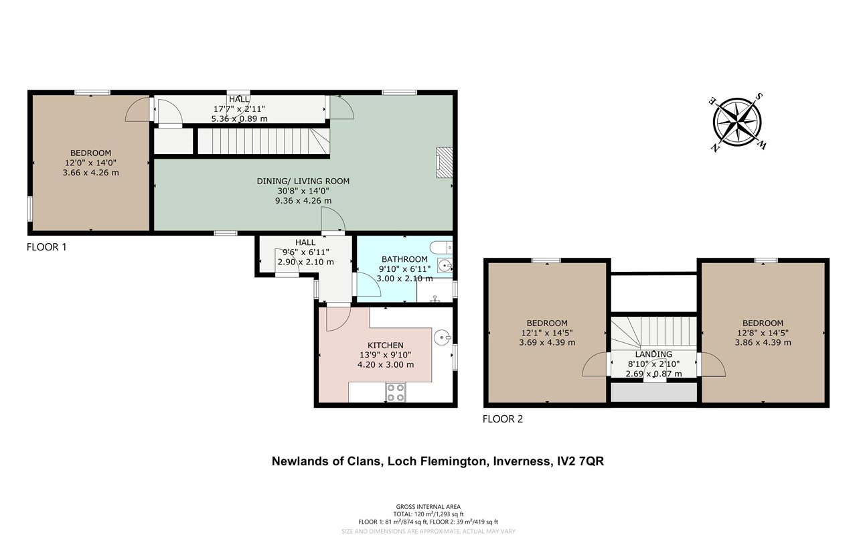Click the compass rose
(x=737, y=122)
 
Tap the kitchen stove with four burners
(x=396, y=392)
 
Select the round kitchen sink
(x=443, y=337)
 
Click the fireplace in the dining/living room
(x=444, y=163)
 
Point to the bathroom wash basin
(x=445, y=264)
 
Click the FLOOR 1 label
(x=47, y=247)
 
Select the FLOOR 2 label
(x=503, y=419)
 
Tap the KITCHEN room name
(x=386, y=346)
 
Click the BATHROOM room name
(x=404, y=259)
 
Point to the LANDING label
(x=653, y=354)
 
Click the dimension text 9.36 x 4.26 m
(x=303, y=200)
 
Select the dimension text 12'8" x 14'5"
(x=763, y=333)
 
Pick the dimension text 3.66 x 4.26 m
(x=90, y=173)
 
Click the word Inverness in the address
(x=522, y=461)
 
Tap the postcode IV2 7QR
(x=580, y=461)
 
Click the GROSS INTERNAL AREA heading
(x=428, y=507)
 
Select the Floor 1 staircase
(x=264, y=141)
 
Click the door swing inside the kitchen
(x=339, y=319)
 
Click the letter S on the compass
(x=759, y=97)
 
